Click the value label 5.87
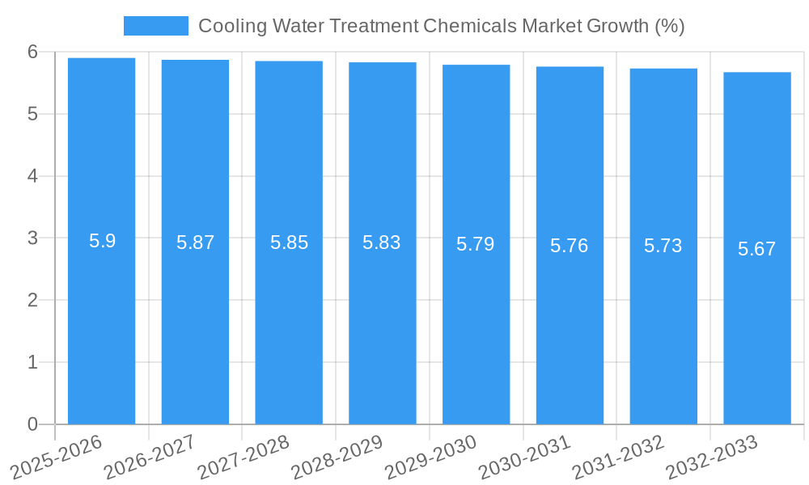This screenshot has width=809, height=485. click(195, 242)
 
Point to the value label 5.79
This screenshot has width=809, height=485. click(476, 244)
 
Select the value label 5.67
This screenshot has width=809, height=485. click(757, 249)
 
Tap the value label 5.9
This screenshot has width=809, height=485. click(102, 241)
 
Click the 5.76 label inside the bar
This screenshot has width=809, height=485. click(570, 246)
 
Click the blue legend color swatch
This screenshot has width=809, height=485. click(155, 26)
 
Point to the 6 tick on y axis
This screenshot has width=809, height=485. click(32, 52)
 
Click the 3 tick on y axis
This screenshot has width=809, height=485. click(32, 238)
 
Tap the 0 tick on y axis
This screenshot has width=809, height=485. click(32, 424)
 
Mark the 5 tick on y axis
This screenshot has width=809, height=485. click(32, 114)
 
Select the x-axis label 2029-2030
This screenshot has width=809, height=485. click(431, 458)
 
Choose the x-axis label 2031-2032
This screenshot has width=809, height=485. click(619, 458)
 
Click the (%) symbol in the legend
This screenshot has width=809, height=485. click(670, 26)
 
